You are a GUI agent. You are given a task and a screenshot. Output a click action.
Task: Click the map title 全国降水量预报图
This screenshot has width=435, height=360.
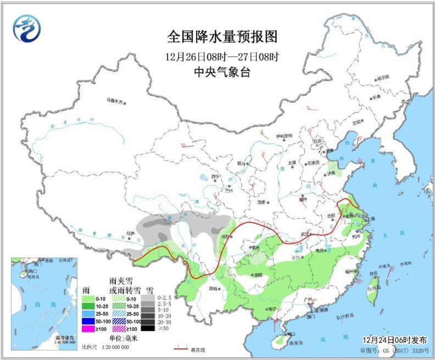click(222, 37)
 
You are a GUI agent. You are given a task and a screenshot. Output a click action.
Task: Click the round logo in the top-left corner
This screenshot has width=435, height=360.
click(27, 27)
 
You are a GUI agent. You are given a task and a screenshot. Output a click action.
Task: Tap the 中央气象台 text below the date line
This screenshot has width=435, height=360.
click(222, 72)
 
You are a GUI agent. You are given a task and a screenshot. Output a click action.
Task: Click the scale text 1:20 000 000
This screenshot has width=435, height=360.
click(113, 347)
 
